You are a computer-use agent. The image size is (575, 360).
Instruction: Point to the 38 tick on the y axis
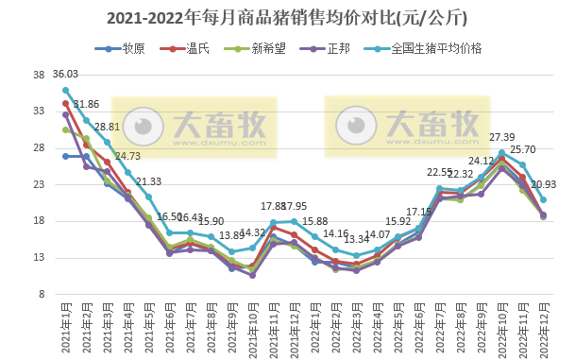[39, 75]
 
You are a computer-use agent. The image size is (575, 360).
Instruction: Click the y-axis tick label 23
[39, 184]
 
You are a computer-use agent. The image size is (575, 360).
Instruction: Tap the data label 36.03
[65, 74]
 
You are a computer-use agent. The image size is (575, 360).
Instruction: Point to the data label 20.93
[544, 184]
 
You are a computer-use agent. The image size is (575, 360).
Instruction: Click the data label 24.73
[127, 156]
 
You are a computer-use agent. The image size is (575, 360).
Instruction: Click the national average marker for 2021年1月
[65, 90]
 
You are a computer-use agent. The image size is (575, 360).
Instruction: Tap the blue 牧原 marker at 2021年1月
[65, 156]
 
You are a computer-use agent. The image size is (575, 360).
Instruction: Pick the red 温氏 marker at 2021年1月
[65, 104]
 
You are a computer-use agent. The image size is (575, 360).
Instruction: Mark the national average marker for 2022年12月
[543, 200]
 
